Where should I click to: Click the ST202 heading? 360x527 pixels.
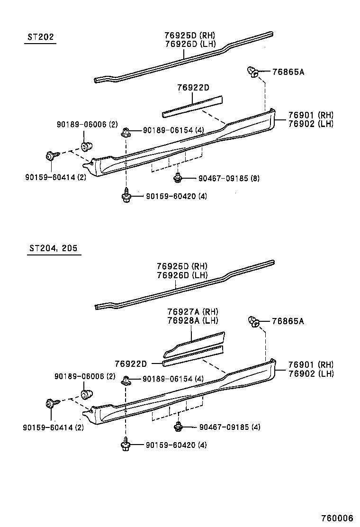(40, 37)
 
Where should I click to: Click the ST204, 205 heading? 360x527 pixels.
(53, 248)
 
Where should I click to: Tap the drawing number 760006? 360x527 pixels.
(337, 518)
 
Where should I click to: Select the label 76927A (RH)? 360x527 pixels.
(192, 312)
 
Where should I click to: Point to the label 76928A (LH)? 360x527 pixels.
(192, 320)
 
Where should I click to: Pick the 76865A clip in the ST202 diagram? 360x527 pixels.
(253, 73)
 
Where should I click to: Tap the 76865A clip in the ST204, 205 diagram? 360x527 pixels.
(253, 322)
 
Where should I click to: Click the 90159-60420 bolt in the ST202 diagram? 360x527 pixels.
(126, 195)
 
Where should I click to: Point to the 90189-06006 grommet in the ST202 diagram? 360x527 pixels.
(86, 145)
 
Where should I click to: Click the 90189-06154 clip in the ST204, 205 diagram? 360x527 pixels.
(126, 379)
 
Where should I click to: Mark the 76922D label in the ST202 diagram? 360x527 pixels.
(193, 88)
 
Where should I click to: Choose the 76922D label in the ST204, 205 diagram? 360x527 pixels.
(130, 363)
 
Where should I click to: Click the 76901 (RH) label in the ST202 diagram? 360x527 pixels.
(311, 115)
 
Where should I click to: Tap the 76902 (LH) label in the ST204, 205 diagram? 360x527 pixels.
(311, 373)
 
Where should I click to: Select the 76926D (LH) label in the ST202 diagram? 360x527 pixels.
(190, 44)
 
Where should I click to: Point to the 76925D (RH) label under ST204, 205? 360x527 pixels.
(182, 266)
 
